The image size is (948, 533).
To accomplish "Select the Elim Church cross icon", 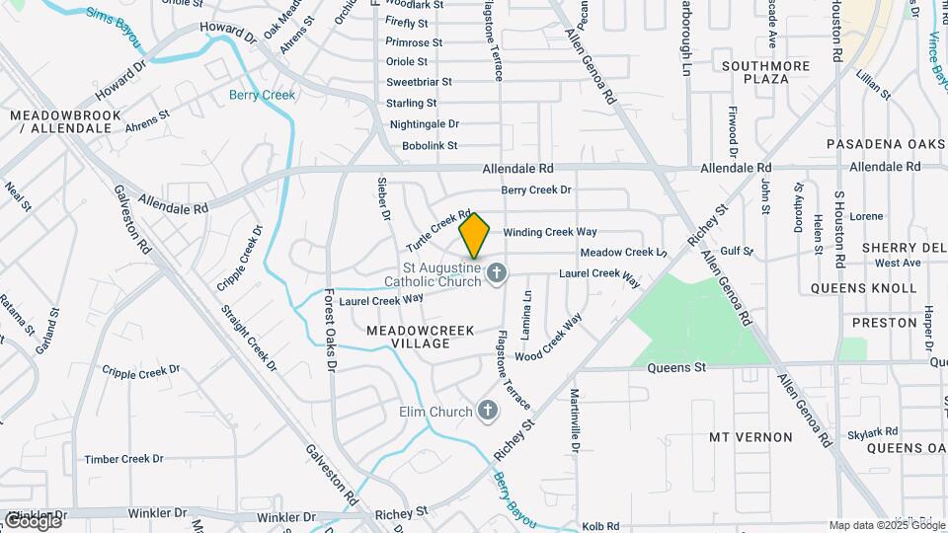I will coord(487,411).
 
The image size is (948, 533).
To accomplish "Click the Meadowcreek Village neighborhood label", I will coord(421,337).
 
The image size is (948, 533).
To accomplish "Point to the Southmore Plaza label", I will coord(766,72).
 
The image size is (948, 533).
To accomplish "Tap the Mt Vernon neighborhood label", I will coord(750,436).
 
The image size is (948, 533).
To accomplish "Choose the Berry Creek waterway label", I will coord(262,95).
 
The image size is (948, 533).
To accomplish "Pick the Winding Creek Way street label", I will coord(550,232).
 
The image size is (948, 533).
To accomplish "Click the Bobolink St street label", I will coord(430,145).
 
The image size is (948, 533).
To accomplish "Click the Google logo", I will coord(33,520).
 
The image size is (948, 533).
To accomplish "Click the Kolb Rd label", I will coord(600,527).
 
